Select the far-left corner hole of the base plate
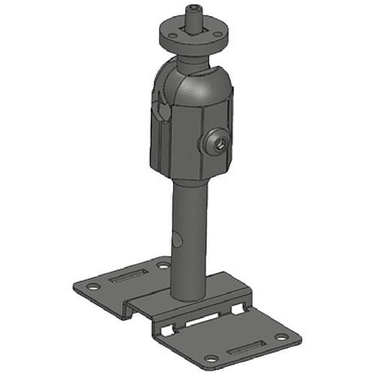(91, 287)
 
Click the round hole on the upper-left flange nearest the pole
(163, 265)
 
